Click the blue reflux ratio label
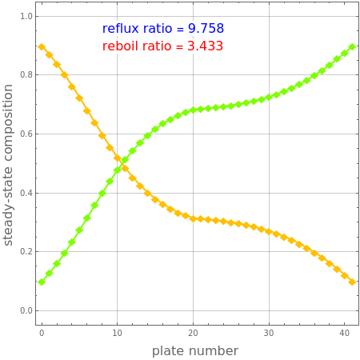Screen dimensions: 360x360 click(163, 29)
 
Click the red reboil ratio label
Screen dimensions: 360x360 click(163, 46)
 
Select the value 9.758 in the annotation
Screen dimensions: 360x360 click(205, 29)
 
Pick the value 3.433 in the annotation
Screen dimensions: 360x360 click(205, 46)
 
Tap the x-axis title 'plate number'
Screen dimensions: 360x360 click(195, 351)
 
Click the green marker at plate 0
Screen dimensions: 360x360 click(42, 282)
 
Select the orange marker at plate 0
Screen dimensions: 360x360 click(42, 47)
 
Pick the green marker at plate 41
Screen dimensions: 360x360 click(352, 47)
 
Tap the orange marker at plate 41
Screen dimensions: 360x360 click(352, 282)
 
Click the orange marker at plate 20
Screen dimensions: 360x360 click(193, 218)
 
